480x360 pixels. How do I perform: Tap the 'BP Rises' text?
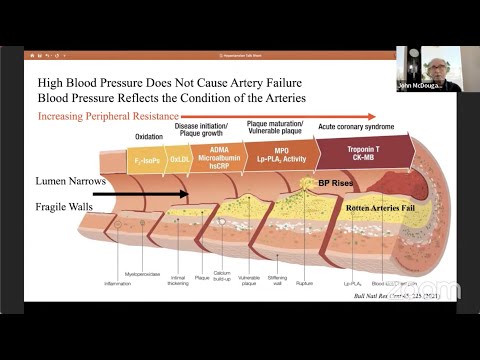tap(338, 184)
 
